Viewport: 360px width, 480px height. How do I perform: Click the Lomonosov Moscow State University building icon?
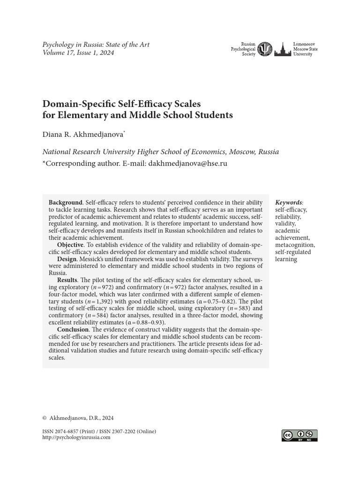(282, 49)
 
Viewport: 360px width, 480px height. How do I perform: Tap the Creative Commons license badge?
(300, 435)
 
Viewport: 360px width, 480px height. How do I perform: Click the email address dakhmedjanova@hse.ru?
(187, 164)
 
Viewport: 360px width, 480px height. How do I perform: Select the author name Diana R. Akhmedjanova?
(83, 135)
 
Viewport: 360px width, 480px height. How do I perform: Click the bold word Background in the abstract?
(66, 202)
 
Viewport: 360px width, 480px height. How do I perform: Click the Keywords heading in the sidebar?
(289, 202)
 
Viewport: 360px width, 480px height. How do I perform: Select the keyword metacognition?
(295, 245)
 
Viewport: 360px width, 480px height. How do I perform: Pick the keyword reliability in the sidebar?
(288, 217)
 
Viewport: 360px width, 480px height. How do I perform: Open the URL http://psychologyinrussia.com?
(76, 437)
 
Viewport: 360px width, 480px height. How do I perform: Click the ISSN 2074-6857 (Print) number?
(70, 431)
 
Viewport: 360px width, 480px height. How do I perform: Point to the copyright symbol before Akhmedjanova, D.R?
(45, 418)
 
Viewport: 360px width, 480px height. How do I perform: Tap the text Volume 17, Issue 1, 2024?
(78, 52)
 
